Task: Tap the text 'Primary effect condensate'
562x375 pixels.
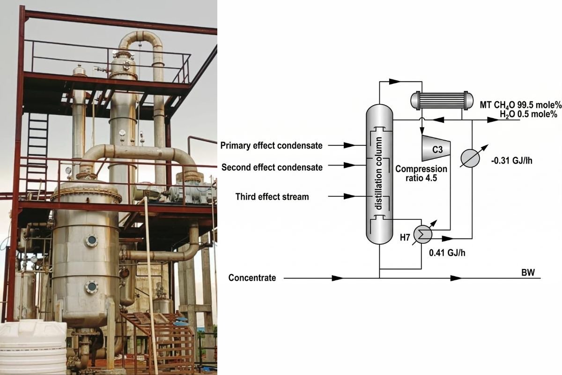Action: click(x=272, y=146)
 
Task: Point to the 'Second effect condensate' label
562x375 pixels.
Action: click(x=272, y=167)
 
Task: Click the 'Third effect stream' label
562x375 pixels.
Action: click(x=272, y=197)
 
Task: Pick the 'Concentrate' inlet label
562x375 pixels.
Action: click(x=252, y=278)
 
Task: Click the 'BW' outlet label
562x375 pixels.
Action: click(x=527, y=272)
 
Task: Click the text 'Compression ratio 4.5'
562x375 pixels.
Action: click(x=421, y=173)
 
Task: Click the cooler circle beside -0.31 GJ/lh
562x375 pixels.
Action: click(x=470, y=158)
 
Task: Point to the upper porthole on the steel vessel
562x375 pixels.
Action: click(x=91, y=240)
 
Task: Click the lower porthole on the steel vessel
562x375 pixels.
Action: click(x=91, y=286)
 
